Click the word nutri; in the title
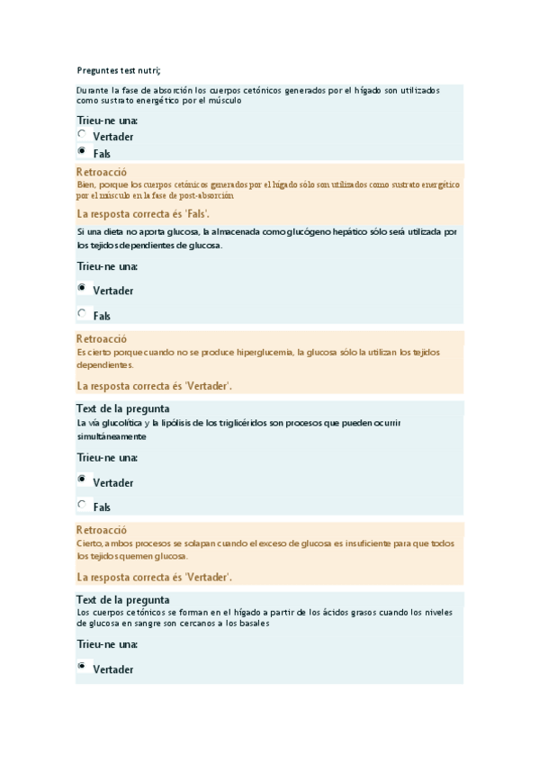click(156, 71)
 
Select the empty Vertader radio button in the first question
click(82, 134)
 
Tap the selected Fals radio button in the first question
click(82, 151)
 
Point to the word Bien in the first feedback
click(86, 184)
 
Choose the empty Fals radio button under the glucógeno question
click(82, 314)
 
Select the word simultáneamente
click(112, 436)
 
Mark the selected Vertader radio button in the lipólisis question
click(82, 480)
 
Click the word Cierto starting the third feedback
click(89, 543)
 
